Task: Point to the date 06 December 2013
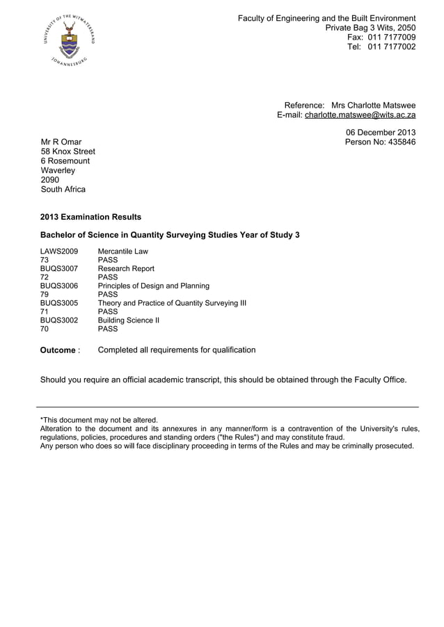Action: (x=381, y=132)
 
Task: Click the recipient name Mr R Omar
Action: (x=61, y=142)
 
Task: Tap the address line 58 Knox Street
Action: (x=68, y=152)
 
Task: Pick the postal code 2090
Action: (x=50, y=179)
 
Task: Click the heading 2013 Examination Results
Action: (x=90, y=217)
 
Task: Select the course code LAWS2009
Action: (x=59, y=251)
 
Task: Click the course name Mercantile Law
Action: (x=123, y=251)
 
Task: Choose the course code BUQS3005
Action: (x=59, y=303)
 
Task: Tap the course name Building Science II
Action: (x=129, y=320)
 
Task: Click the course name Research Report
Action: (x=126, y=268)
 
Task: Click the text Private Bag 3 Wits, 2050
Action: (x=370, y=27)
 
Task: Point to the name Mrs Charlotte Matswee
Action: (x=373, y=105)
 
